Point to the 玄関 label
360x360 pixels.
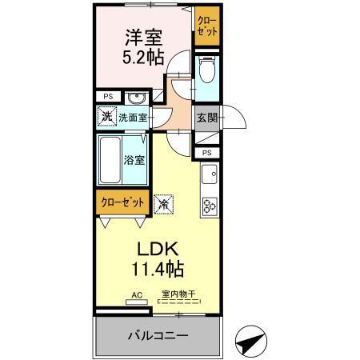pos(206,118)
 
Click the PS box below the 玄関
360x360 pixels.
pos(206,152)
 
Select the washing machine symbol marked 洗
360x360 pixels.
pos(108,117)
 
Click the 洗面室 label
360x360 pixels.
pos(133,118)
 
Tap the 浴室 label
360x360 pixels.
pos(134,159)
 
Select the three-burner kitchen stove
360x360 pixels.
pos(210,206)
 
